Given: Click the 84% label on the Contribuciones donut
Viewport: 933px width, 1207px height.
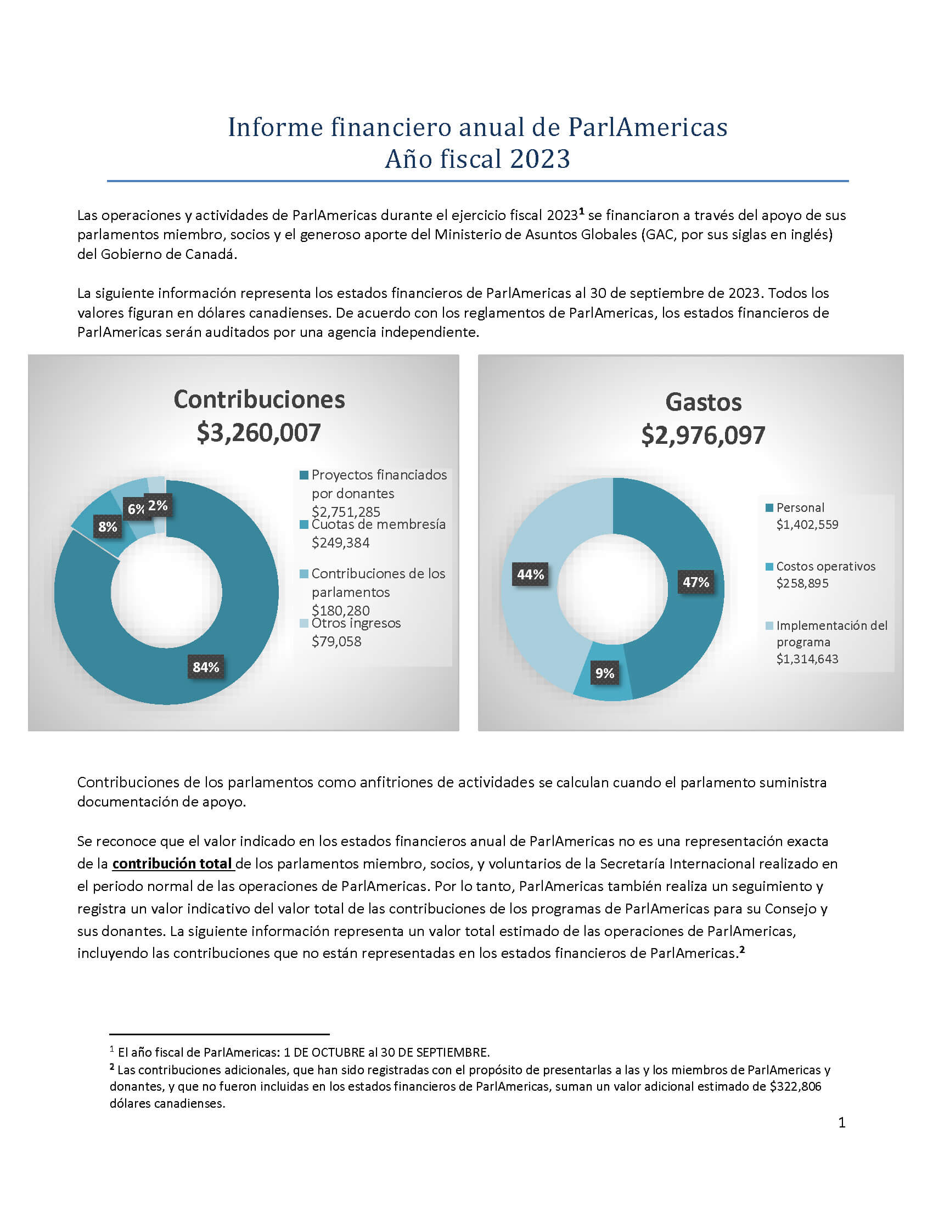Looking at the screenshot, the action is pos(206,667).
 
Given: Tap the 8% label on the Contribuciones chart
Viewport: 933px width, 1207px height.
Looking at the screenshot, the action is pos(108,527).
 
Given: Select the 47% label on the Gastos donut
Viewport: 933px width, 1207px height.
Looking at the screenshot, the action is pos(696,582).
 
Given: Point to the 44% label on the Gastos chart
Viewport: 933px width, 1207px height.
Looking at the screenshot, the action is pos(531,575).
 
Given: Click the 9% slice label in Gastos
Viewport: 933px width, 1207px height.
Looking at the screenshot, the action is pos(605,673).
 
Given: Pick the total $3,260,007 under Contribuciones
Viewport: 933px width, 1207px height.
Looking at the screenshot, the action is pos(258,433).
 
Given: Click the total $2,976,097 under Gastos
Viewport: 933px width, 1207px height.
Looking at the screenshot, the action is pos(703,436).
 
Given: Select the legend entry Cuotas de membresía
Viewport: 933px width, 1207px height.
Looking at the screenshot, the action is pos(379,524).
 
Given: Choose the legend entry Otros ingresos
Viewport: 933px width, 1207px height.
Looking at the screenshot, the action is pos(356,623).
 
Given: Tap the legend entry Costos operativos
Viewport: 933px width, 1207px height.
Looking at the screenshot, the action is pos(826,566).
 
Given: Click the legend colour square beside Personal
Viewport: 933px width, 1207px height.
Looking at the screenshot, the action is pos(769,508).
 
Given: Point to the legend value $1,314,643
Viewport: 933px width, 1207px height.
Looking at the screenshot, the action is pos(807,659).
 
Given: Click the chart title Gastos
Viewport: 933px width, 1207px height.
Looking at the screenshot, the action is pos(703,402).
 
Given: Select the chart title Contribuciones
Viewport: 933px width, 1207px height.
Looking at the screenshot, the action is pos(259,399).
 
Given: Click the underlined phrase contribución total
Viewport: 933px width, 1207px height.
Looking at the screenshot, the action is pos(172,863).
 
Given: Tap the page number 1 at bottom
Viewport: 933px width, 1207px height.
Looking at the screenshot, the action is pos(842,1123).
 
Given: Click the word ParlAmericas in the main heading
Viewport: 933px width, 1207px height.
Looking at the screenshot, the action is pos(648,127).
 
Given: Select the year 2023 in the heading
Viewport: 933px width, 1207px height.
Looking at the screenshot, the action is pos(539,159).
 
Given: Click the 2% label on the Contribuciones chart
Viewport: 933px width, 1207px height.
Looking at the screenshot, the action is pos(158,505).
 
